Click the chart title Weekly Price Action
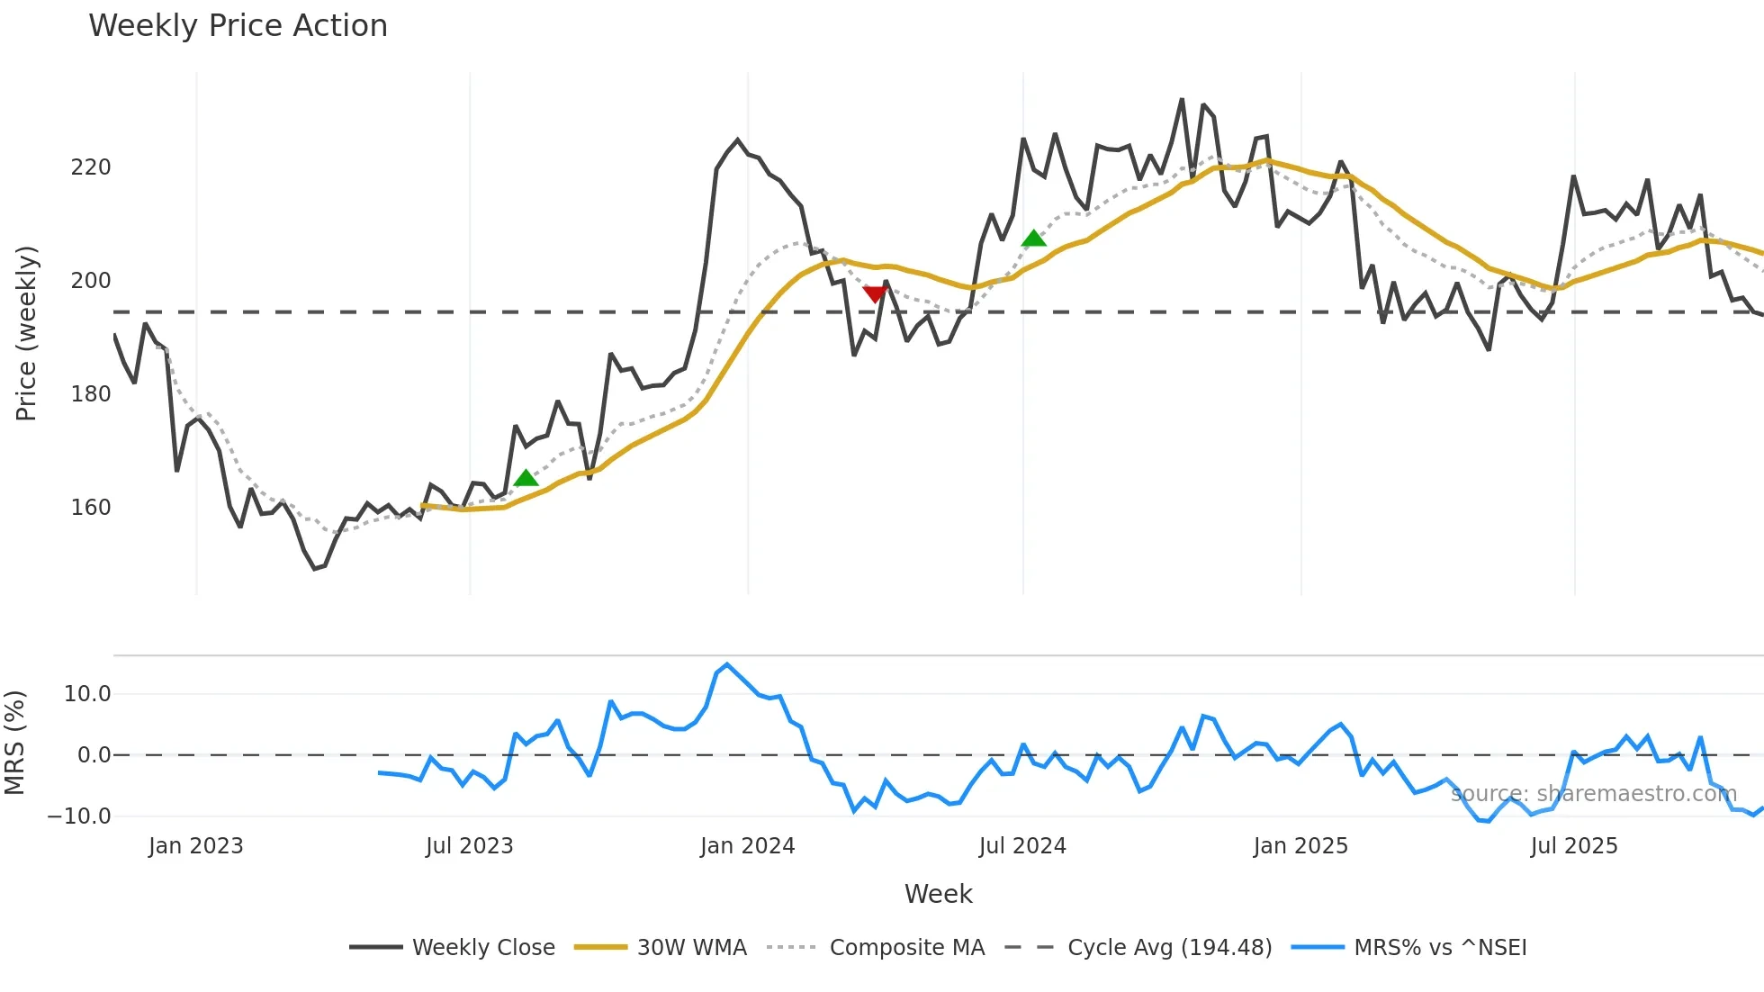point(238,26)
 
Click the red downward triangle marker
point(875,294)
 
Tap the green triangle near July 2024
point(1033,239)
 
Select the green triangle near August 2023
point(526,478)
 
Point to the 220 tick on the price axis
point(91,167)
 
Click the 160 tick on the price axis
point(91,508)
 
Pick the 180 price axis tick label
point(91,394)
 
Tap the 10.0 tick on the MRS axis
point(87,694)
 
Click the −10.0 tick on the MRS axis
point(79,816)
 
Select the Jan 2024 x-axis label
point(747,846)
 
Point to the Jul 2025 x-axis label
point(1574,846)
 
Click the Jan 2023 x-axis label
point(196,846)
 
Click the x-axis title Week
point(938,894)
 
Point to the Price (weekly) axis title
point(26,333)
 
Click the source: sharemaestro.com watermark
point(1593,794)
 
